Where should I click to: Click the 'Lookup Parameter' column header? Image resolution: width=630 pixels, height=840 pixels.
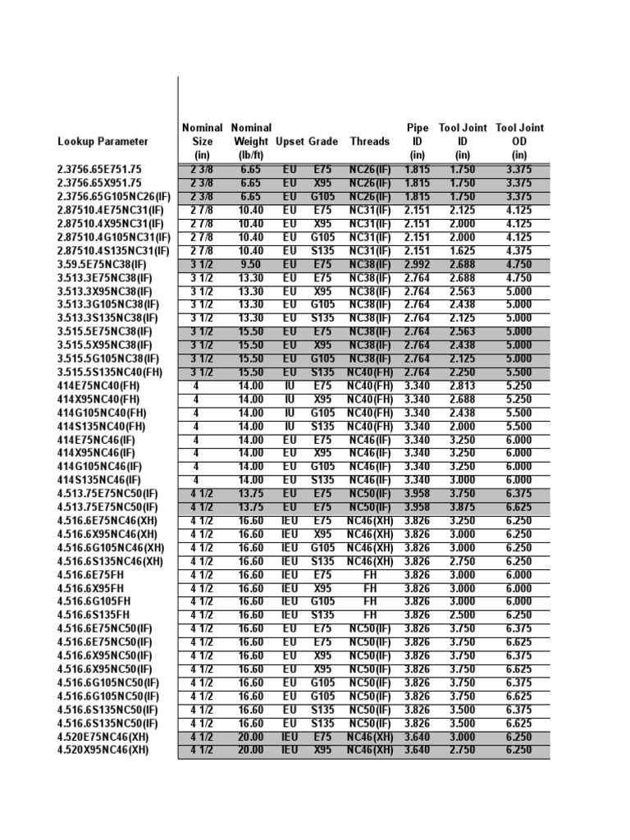coord(103,141)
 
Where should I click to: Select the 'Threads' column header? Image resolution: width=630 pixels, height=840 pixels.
coord(370,141)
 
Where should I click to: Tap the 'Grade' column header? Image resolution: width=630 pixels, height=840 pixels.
coord(323,141)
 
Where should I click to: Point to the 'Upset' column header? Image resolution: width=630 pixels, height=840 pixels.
coord(290,141)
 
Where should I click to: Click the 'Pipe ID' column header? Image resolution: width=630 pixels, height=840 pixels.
coord(418,141)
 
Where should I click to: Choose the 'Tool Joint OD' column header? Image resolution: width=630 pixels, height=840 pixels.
coord(519,141)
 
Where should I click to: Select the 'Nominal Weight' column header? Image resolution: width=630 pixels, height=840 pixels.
coord(251,141)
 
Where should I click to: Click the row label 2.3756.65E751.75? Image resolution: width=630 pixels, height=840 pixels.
coord(99,170)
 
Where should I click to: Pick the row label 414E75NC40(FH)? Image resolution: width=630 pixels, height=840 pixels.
coord(97,386)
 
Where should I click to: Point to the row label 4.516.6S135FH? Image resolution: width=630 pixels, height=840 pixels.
coord(94,614)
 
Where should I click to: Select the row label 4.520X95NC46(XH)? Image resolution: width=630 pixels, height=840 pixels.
coord(103,749)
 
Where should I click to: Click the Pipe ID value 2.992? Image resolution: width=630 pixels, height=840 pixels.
coord(418,264)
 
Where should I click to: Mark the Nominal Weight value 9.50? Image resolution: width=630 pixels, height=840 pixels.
coord(251,264)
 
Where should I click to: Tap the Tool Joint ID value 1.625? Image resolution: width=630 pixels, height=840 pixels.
coord(463,250)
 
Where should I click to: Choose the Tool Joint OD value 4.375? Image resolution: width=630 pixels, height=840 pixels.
coord(519,250)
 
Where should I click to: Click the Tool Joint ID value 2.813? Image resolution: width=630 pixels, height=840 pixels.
coord(463,386)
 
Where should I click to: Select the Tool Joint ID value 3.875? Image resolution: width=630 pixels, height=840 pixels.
coord(463,507)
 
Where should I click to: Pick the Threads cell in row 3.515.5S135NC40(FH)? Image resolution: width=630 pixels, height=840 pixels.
coord(370,372)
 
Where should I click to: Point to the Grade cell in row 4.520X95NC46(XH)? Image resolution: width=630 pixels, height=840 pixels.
coord(323,749)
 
